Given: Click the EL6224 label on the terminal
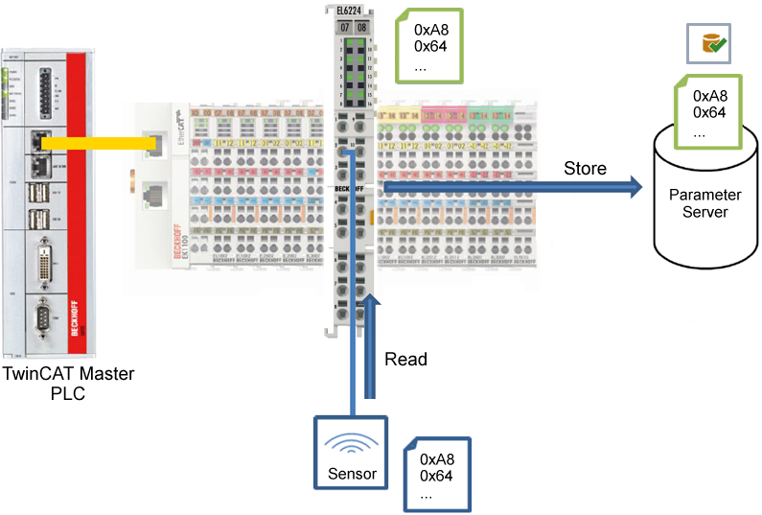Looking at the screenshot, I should point(351,12).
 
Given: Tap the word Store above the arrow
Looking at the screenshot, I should point(584,169).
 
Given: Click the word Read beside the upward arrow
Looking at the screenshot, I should point(405,360).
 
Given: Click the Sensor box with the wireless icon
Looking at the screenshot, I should point(352,452).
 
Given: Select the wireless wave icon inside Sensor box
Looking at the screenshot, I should point(352,444).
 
